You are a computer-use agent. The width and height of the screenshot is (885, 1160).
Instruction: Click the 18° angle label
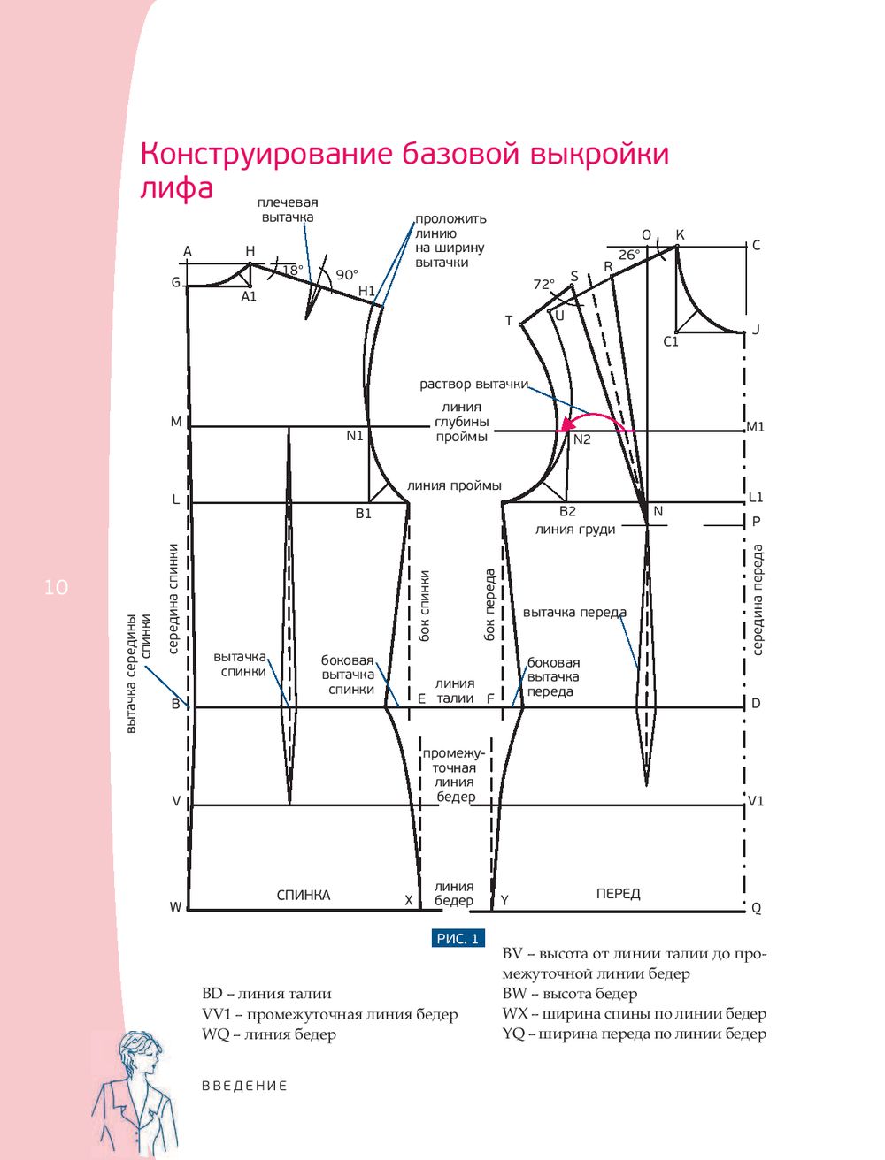point(293,271)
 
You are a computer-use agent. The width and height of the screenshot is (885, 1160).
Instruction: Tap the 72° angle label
point(543,285)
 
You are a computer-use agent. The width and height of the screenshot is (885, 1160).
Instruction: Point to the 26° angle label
point(629,255)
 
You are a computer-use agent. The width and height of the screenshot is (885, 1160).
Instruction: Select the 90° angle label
point(347,275)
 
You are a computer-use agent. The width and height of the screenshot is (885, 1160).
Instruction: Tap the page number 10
point(56,587)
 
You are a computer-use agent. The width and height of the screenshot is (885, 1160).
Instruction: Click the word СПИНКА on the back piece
point(304,896)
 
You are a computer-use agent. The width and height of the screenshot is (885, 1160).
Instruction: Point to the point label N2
point(582,439)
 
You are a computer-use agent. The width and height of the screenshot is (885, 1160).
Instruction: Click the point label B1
point(364,513)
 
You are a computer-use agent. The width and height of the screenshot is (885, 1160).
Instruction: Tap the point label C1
point(671,342)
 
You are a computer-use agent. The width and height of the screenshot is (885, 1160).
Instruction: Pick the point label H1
point(366,291)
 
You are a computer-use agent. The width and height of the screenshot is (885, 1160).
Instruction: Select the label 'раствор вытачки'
point(474,385)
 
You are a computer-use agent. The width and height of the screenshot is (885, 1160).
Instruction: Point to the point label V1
point(756,801)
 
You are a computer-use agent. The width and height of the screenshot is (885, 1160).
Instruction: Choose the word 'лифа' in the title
point(177,187)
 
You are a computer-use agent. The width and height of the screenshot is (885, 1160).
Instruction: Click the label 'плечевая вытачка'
point(288,210)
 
